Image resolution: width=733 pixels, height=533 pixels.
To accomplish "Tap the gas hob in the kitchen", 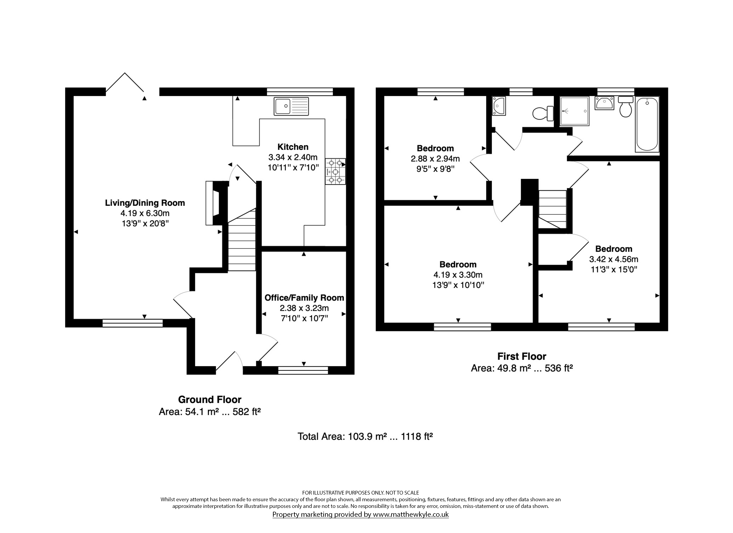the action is click(x=335, y=171).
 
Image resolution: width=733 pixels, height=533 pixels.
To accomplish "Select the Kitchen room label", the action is click(x=293, y=147).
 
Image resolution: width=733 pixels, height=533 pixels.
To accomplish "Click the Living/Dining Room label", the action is click(x=145, y=203).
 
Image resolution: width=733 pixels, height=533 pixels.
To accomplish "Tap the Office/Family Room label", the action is click(x=304, y=298).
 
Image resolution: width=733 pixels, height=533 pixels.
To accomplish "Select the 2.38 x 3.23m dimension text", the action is click(x=304, y=308).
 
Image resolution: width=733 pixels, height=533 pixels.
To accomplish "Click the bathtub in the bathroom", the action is click(x=647, y=124).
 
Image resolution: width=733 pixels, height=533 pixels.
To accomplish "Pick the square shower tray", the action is click(x=574, y=111).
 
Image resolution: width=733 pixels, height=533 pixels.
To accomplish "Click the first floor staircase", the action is click(x=552, y=209).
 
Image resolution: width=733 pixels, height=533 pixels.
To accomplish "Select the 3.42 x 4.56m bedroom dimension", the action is click(x=613, y=259).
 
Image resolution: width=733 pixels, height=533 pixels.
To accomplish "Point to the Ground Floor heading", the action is click(x=210, y=400).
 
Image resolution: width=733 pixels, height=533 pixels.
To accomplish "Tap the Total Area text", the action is click(x=365, y=437).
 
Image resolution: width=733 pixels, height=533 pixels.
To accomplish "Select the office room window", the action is click(x=303, y=370).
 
